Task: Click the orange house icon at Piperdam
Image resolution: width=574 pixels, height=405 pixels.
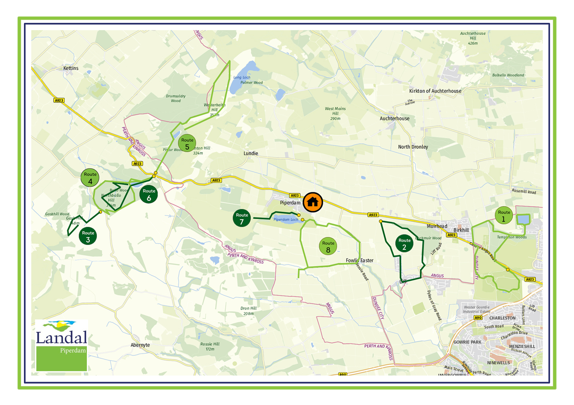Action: tap(313, 202)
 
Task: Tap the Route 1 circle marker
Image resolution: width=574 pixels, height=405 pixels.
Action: tap(504, 215)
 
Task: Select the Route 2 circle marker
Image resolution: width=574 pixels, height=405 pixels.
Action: tap(404, 244)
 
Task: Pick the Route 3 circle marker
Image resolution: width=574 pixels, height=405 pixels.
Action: tap(88, 236)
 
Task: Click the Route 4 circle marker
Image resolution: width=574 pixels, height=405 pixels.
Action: tap(90, 178)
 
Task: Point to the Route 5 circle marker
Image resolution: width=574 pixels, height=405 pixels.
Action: tap(187, 143)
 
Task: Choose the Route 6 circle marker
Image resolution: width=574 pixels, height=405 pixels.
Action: tap(149, 194)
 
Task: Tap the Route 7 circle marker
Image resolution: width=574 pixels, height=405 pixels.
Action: tap(242, 218)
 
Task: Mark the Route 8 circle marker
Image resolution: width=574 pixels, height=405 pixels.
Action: tap(328, 246)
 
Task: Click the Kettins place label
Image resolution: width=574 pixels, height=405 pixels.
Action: tap(71, 68)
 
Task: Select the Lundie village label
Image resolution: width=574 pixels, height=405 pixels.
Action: tap(251, 153)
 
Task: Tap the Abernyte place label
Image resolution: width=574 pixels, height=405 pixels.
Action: tap(140, 345)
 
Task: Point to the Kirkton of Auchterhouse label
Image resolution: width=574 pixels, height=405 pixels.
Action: tap(435, 91)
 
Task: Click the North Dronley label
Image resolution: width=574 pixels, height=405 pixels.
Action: tap(413, 147)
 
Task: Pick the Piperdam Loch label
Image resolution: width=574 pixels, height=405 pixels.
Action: tap(286, 220)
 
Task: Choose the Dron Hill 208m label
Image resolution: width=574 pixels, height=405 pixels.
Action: tap(248, 311)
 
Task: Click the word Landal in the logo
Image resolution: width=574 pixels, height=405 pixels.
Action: tap(61, 337)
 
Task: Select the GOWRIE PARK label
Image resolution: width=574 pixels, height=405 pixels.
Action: tap(467, 342)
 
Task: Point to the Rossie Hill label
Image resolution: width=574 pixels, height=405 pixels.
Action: tap(210, 346)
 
